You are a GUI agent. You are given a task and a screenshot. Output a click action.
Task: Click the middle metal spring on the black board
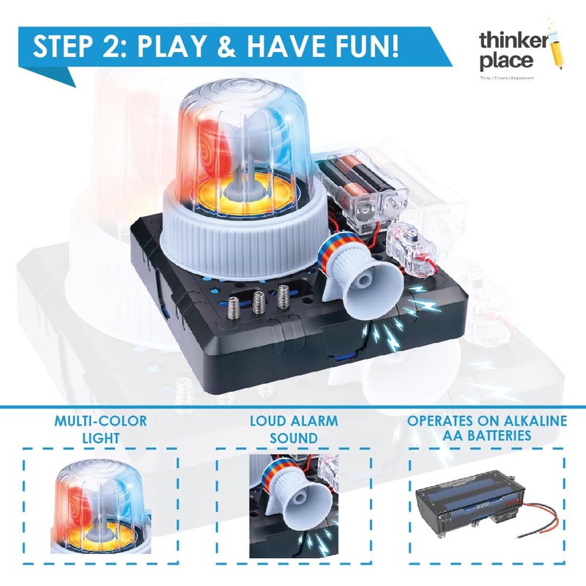pyautogui.click(x=259, y=300)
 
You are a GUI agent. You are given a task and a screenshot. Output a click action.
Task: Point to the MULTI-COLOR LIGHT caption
pyautogui.click(x=100, y=429)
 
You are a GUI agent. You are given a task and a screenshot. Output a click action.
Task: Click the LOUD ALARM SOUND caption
pyautogui.click(x=293, y=429)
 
